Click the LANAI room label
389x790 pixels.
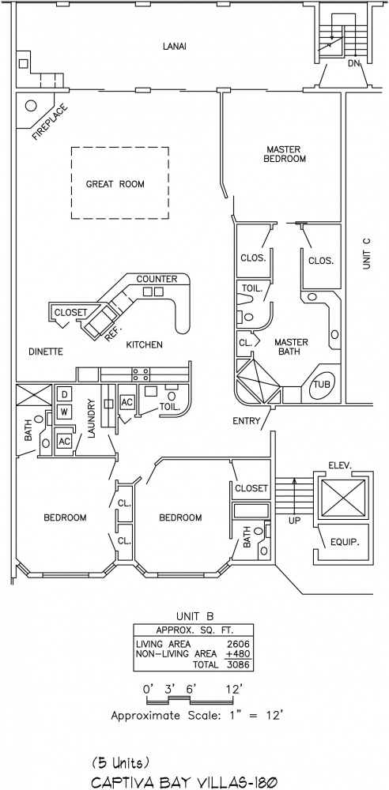click(x=175, y=47)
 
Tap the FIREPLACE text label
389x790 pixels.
click(x=50, y=122)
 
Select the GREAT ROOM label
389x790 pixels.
click(x=115, y=184)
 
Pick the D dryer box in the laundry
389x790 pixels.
click(x=65, y=393)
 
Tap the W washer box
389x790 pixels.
click(x=65, y=412)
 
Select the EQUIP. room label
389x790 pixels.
click(x=344, y=543)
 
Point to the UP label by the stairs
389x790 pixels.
click(x=294, y=521)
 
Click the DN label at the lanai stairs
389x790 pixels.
click(x=353, y=63)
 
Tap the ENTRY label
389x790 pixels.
click(x=246, y=421)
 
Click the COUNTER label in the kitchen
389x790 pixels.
click(x=157, y=279)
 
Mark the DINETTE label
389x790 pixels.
click(x=46, y=352)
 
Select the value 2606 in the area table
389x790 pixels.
click(x=239, y=643)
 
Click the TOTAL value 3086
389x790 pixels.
click(x=239, y=664)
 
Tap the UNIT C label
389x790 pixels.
click(x=367, y=253)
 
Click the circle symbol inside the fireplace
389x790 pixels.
click(x=31, y=106)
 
